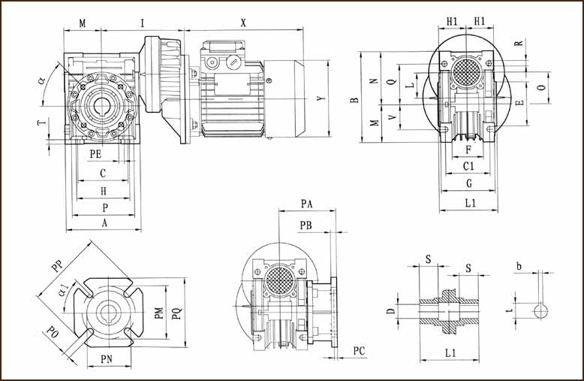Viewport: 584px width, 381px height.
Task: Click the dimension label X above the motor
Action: click(243, 23)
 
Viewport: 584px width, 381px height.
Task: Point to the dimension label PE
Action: click(95, 154)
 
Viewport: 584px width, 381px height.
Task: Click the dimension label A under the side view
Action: click(104, 223)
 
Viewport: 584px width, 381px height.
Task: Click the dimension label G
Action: click(469, 183)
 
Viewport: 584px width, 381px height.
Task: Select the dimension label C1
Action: click(468, 165)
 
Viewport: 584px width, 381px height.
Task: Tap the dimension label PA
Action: click(306, 204)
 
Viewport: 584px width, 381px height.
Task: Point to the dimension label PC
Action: click(359, 351)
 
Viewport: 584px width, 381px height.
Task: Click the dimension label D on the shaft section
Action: click(390, 311)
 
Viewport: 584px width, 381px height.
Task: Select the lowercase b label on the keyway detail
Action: click(519, 265)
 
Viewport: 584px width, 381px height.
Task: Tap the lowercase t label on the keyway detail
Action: click(509, 307)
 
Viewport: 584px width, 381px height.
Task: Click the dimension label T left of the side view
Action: click(41, 122)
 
